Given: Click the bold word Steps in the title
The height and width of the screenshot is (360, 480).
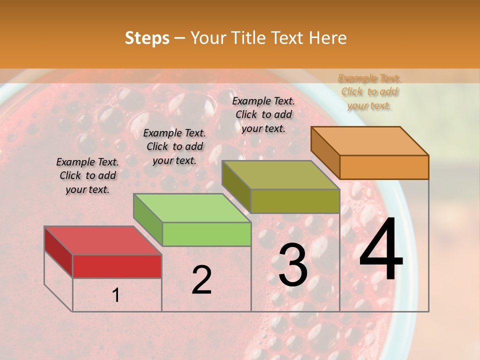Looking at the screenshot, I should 147,38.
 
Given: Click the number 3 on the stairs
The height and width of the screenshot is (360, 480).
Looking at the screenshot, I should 293,265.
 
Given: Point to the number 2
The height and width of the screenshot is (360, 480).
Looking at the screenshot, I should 201,280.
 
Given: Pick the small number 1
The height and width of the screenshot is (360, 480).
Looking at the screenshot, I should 116,295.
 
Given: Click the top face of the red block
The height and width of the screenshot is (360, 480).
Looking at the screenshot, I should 102,240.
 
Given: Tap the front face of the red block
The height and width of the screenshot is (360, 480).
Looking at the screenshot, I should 117,266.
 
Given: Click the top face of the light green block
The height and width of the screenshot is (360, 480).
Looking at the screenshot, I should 192,208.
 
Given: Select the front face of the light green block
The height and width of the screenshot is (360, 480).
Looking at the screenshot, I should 206,234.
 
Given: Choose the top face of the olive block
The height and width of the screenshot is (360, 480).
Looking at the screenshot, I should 280,175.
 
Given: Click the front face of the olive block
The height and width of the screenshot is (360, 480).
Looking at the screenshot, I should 295,201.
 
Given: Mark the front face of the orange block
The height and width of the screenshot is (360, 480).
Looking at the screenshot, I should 384,167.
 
